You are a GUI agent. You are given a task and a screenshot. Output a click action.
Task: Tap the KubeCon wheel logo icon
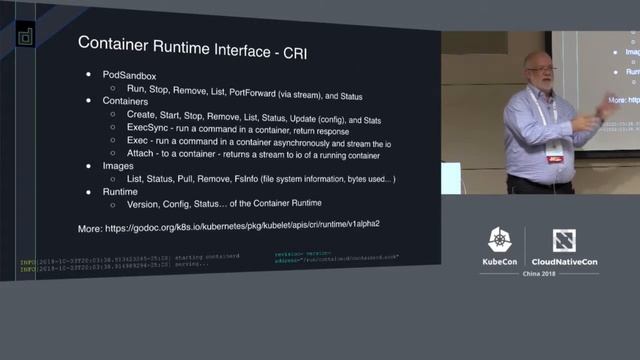pyautogui.click(x=500, y=241)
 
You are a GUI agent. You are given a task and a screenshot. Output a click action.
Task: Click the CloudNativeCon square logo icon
pyautogui.click(x=565, y=241)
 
